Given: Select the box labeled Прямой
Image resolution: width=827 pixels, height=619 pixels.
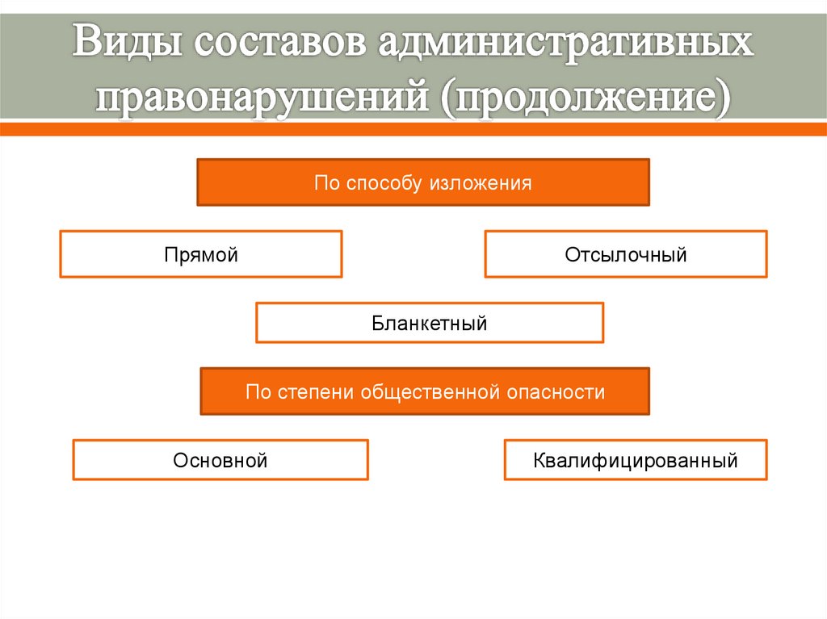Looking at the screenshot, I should tap(200, 255).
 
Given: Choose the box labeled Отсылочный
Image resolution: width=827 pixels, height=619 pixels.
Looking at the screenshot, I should tap(626, 255).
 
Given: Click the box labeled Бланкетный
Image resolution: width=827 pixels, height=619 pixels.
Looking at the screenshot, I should tap(430, 324).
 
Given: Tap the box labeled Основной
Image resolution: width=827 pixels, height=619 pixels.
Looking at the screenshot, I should tap(220, 461).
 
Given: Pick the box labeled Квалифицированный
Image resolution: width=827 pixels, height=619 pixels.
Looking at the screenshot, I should tap(635, 461).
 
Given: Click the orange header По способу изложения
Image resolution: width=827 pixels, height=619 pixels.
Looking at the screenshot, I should tap(423, 183).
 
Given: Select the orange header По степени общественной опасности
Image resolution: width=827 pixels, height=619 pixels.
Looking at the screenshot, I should tap(425, 392).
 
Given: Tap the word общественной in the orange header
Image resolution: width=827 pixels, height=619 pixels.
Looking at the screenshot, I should tap(432, 392).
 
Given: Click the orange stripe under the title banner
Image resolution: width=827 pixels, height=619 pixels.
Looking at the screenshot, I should tap(413, 129).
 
